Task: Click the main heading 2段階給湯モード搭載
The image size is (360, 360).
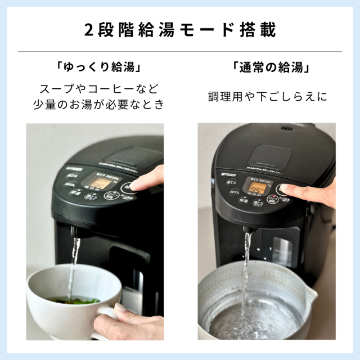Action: (180, 29)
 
